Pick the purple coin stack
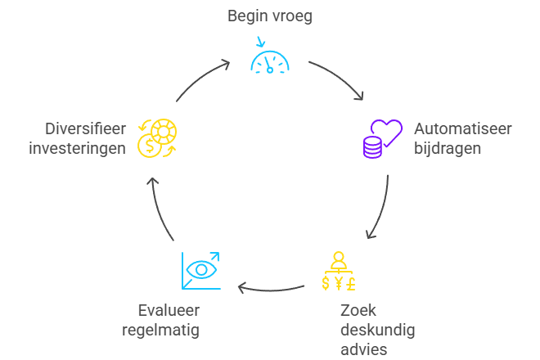(373, 147)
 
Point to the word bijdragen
(448, 148)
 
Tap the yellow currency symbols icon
(338, 274)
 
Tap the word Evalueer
(169, 312)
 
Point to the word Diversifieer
(87, 129)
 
